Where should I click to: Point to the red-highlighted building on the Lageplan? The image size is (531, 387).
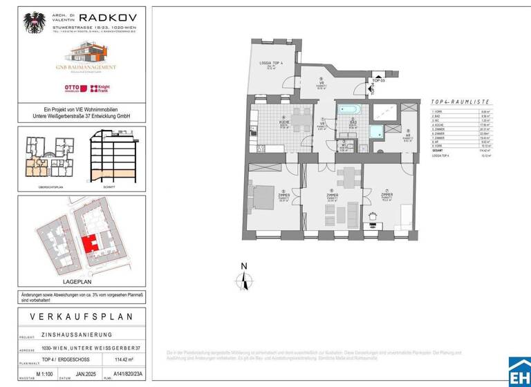pyautogui.click(x=89, y=243)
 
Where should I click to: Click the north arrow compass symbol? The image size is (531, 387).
pyautogui.click(x=243, y=279)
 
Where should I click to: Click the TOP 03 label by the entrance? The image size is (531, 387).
pyautogui.click(x=378, y=80)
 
